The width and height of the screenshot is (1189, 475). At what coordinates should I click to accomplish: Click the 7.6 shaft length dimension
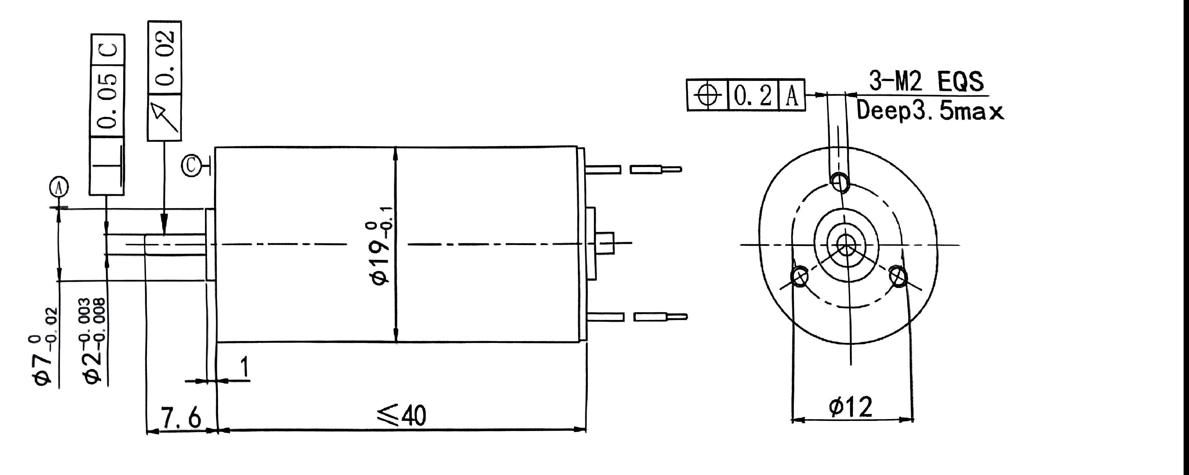(181, 418)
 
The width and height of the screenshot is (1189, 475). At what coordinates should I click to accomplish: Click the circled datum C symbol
(192, 166)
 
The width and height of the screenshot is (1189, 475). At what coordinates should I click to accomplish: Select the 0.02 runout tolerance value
(164, 57)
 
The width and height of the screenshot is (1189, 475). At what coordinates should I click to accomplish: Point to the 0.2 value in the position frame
(753, 95)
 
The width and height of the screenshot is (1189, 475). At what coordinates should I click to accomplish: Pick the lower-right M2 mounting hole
(898, 277)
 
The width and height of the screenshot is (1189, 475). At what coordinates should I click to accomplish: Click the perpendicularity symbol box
(107, 166)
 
